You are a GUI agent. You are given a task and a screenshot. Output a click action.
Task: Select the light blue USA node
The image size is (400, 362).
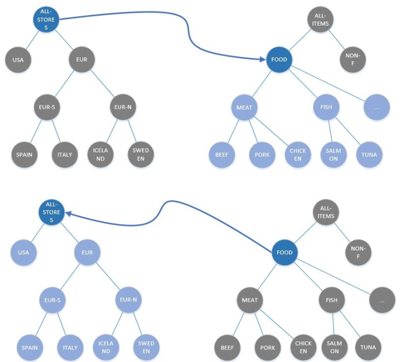(x=23, y=253)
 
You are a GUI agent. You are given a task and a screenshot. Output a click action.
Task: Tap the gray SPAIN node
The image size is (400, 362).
(x=24, y=154)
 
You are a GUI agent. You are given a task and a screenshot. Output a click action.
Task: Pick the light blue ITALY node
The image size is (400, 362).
(x=70, y=347)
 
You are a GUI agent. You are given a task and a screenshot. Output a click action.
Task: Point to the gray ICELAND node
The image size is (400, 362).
(x=101, y=155)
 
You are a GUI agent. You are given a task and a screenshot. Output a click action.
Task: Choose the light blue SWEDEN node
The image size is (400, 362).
(x=146, y=347)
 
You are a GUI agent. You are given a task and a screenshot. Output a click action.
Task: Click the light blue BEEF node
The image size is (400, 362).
(x=221, y=155)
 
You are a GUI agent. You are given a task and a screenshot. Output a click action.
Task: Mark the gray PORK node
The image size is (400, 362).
(x=267, y=347)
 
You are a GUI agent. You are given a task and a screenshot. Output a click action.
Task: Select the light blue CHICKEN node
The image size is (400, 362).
(x=297, y=155)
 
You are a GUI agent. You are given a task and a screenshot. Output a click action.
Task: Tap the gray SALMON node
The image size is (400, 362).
(x=333, y=347)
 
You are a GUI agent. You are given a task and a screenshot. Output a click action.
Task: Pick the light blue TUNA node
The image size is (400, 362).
(x=369, y=155)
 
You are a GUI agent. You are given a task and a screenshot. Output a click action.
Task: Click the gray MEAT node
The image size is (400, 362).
(x=250, y=300)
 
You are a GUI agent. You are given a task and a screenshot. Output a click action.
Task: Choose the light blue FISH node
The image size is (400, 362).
(x=327, y=107)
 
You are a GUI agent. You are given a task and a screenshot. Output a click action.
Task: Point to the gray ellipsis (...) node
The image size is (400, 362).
(x=382, y=300)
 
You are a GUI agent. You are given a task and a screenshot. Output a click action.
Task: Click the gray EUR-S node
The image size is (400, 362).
(x=46, y=107)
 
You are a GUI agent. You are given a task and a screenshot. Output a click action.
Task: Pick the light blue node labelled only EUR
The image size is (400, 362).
(x=86, y=253)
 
